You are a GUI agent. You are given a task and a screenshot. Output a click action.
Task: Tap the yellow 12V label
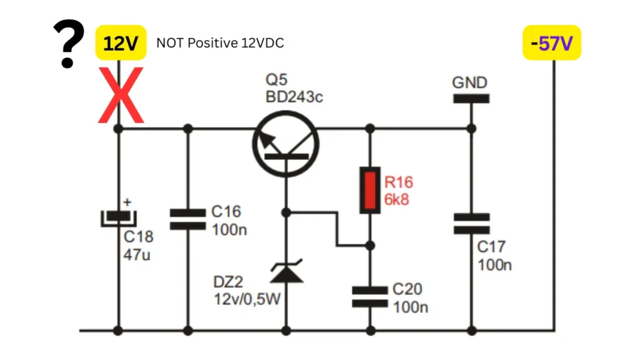tap(120, 44)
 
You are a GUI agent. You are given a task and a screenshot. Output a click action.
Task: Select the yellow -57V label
tap(552, 44)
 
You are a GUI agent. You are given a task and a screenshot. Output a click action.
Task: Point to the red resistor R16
tap(370, 190)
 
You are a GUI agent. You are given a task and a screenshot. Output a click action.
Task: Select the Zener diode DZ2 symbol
tap(286, 272)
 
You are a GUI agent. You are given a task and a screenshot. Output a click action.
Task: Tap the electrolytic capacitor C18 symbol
tap(118, 219)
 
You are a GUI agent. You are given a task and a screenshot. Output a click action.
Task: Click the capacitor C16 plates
tap(187, 220)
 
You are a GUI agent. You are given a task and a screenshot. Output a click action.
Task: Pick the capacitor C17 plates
tap(471, 223)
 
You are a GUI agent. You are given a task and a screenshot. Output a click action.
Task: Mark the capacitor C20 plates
tap(370, 296)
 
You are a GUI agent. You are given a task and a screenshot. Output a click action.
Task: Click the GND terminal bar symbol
tap(471, 99)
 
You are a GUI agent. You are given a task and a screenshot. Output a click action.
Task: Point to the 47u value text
tap(137, 254)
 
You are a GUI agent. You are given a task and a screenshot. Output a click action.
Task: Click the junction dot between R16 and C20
tap(370, 245)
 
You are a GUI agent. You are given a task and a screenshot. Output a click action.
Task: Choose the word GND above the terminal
tap(470, 82)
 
